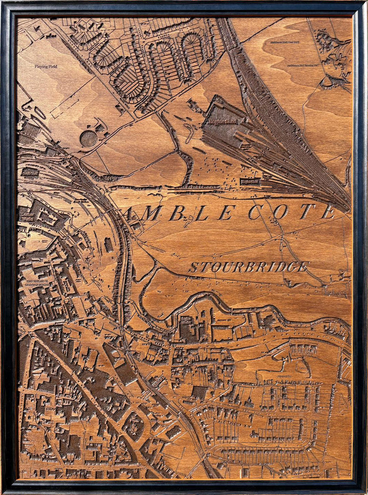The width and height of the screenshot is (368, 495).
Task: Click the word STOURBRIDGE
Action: click(248, 267)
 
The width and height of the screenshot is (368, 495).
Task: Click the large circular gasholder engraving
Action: click(88, 138)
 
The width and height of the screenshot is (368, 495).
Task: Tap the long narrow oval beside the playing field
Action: click(40, 113)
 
